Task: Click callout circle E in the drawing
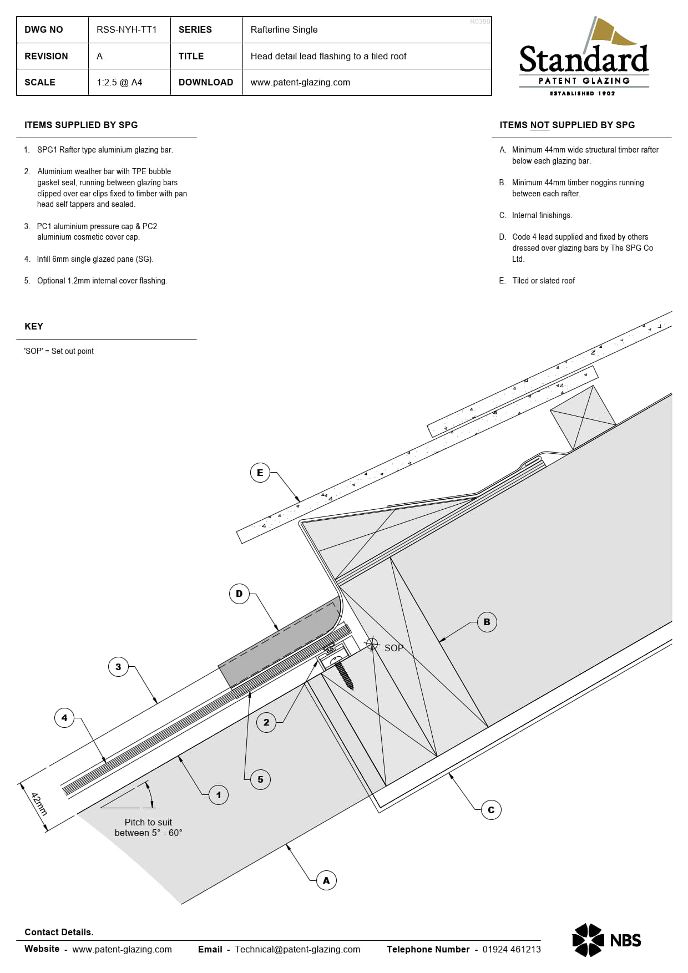(x=260, y=473)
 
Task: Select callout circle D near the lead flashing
(x=239, y=594)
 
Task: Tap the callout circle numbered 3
(x=118, y=667)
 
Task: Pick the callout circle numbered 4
(x=64, y=718)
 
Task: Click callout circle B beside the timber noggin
(x=487, y=622)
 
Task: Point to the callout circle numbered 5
(x=260, y=779)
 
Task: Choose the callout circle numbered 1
(x=219, y=795)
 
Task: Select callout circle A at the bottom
(x=326, y=880)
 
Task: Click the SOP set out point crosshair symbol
(x=372, y=645)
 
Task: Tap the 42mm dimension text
(x=39, y=804)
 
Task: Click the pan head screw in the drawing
(x=343, y=672)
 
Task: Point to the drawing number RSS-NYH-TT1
(x=127, y=29)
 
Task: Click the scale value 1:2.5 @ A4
(x=119, y=82)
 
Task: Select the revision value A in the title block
(x=99, y=56)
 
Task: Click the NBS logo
(x=606, y=940)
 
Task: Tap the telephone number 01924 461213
(x=511, y=949)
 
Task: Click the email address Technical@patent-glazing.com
(x=297, y=949)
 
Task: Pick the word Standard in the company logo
(x=584, y=60)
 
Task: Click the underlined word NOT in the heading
(x=539, y=125)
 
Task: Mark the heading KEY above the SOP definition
(x=34, y=326)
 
